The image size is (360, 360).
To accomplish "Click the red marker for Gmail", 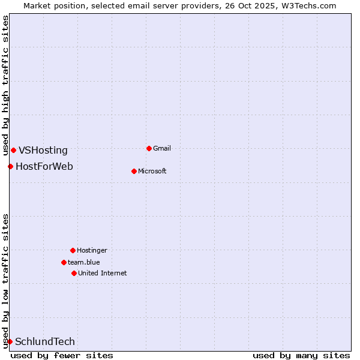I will [149, 148].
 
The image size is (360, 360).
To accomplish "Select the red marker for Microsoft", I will [134, 171].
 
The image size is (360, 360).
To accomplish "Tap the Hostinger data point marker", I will [73, 250].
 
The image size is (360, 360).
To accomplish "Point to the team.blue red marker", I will [64, 262].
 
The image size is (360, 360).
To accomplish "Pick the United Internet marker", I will [74, 273].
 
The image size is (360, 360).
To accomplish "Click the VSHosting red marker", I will [13, 150].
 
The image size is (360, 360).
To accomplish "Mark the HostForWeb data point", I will [10, 166].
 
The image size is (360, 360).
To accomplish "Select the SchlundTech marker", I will [10, 341].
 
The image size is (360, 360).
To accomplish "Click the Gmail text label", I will [162, 148].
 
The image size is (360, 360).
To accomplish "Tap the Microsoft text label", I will [152, 171].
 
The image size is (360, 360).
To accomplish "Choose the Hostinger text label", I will [92, 250].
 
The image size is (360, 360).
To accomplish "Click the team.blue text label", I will [84, 262].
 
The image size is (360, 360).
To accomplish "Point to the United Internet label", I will [103, 273].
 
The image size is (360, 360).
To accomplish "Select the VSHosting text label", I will [43, 151].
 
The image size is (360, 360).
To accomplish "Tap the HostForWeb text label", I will [44, 167].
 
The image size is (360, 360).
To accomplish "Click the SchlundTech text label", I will [45, 342].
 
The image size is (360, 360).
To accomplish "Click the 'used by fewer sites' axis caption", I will [62, 355].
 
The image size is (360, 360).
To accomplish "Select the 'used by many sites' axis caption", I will [301, 355].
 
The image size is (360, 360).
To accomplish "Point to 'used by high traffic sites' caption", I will [6, 85].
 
